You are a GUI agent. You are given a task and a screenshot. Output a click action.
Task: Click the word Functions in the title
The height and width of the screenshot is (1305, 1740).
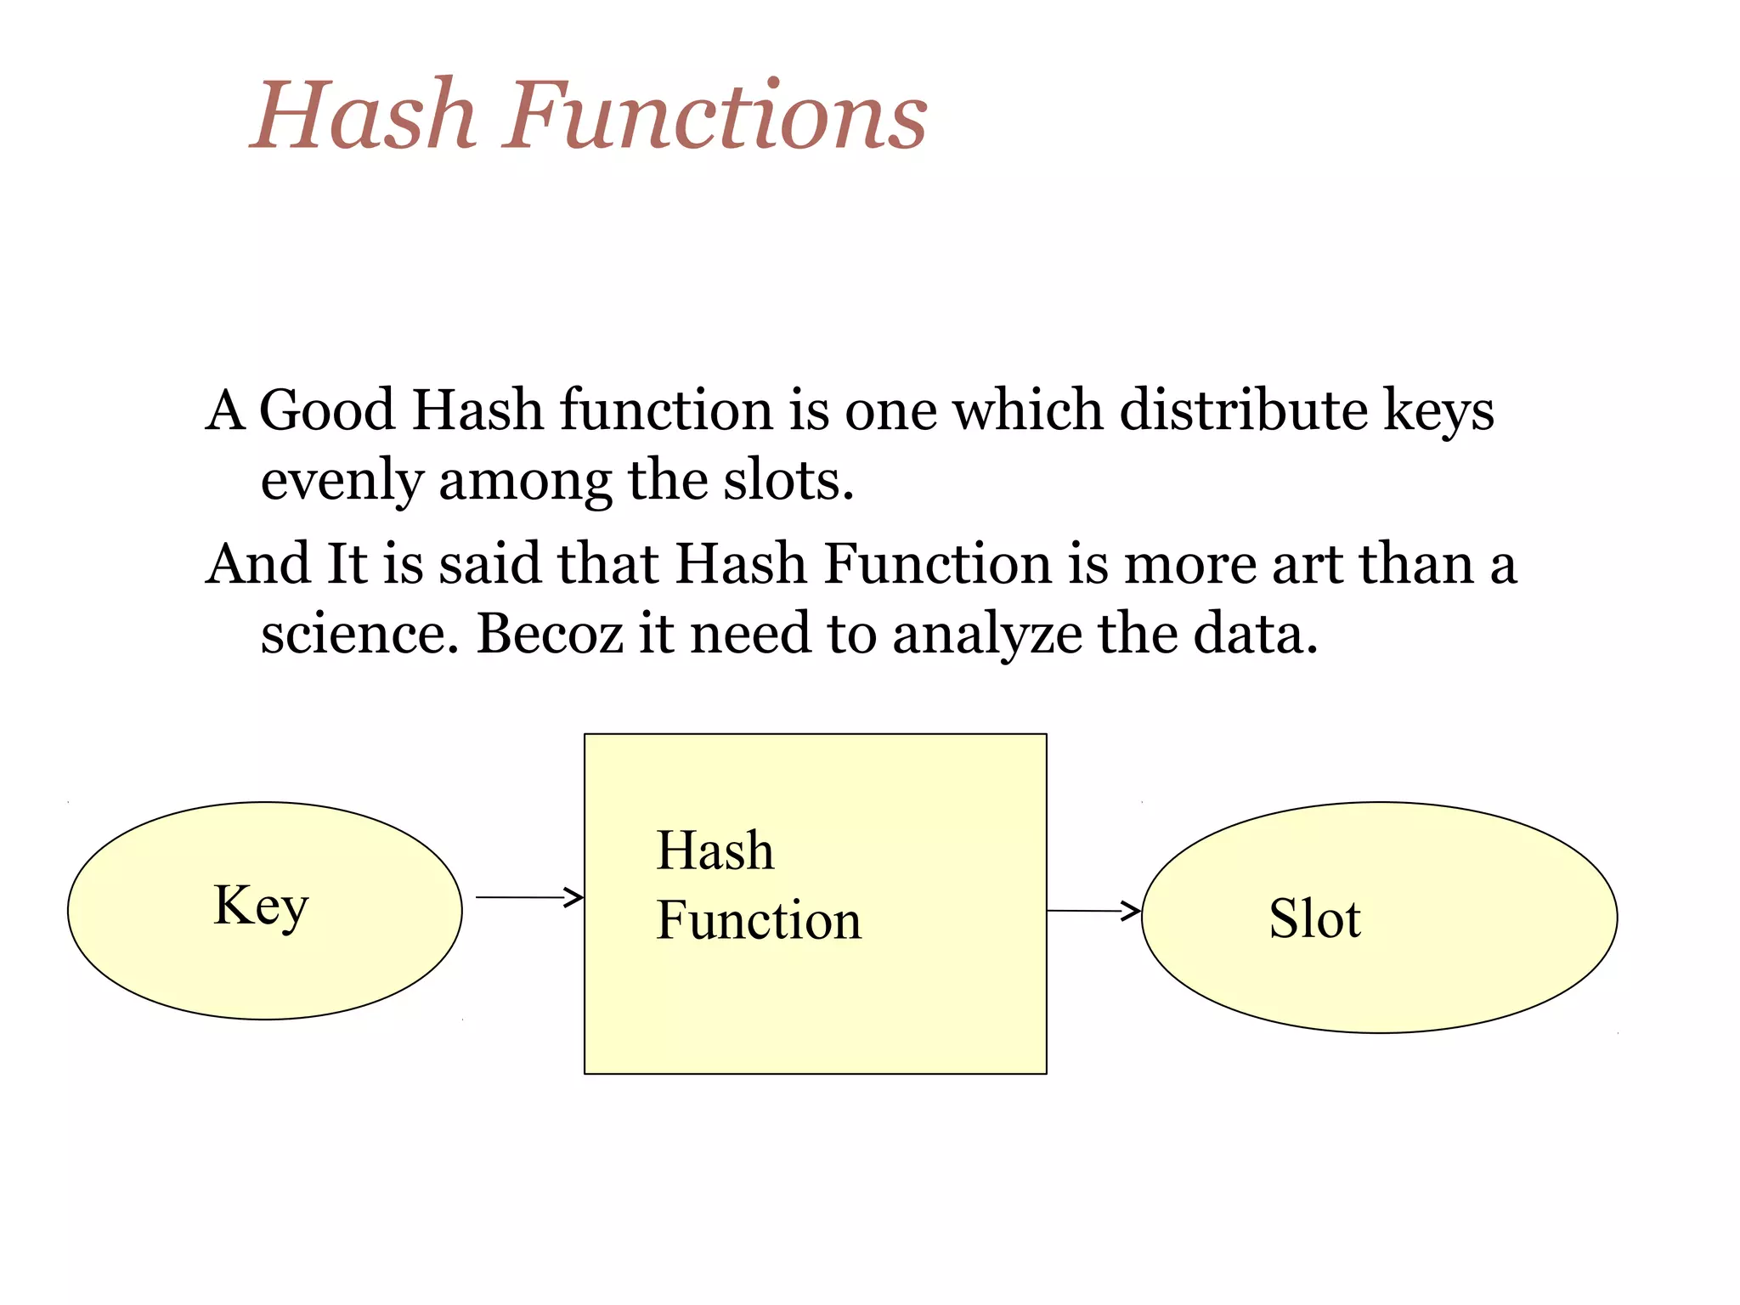pos(715,115)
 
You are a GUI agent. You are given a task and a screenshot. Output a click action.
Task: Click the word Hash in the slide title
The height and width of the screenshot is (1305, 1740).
pos(363,115)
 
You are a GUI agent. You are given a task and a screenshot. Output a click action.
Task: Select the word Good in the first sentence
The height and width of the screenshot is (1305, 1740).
pos(327,410)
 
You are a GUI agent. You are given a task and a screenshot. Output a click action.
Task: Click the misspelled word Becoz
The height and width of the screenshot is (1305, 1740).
pos(550,635)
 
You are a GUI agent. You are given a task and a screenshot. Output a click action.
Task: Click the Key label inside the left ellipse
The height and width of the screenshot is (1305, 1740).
pos(261,907)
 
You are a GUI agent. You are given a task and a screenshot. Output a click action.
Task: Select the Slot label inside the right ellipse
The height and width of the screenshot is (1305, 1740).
pos(1314,919)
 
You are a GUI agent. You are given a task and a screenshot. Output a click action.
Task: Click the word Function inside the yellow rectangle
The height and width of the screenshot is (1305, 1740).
pos(759,921)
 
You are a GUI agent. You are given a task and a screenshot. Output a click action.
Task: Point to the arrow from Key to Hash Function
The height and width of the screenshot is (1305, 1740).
pos(528,897)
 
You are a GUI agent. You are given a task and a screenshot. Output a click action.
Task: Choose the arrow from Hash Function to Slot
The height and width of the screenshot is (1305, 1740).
pos(1093,911)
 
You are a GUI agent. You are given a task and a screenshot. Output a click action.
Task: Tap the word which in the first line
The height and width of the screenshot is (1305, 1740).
pos(1027,410)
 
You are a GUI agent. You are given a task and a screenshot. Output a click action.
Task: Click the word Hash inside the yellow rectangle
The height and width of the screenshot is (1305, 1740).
pos(715,850)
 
